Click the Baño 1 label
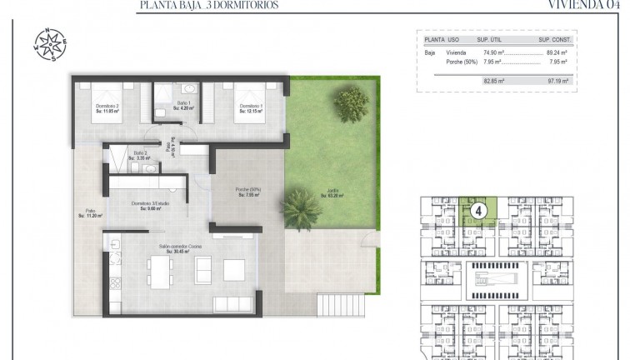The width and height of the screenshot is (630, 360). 183,106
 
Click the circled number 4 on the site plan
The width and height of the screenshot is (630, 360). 478,212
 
